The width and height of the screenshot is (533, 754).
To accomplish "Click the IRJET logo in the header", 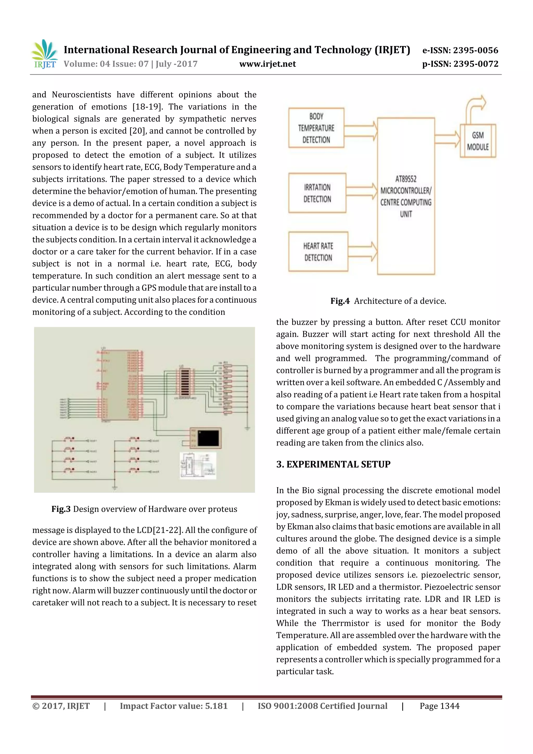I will point(44,54).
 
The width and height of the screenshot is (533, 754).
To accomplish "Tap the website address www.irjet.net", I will point(267,64).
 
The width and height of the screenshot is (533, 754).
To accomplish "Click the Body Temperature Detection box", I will point(316,128).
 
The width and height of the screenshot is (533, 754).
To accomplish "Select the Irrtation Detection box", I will point(317,193).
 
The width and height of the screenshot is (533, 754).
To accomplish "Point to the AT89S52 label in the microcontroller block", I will point(406,179).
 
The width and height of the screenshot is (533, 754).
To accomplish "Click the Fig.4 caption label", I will point(340,301).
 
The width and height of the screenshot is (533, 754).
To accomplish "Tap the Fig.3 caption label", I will point(61,509).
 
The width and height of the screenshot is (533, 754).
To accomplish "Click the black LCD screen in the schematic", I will point(208,438).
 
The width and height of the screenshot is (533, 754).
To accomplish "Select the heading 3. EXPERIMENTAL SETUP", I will point(333,464).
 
